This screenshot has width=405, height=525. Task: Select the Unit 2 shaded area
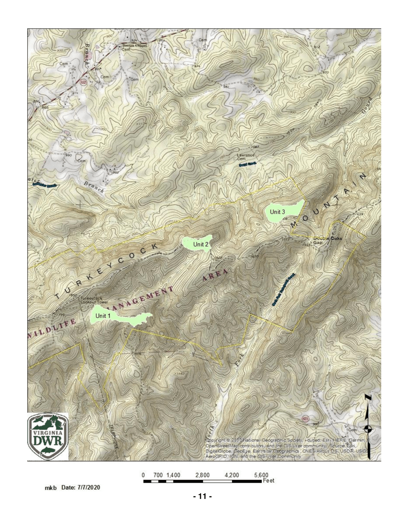pos(197,244)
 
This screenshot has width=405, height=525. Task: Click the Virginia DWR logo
pos(48,436)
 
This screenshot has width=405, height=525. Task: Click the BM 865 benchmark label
pos(40,105)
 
